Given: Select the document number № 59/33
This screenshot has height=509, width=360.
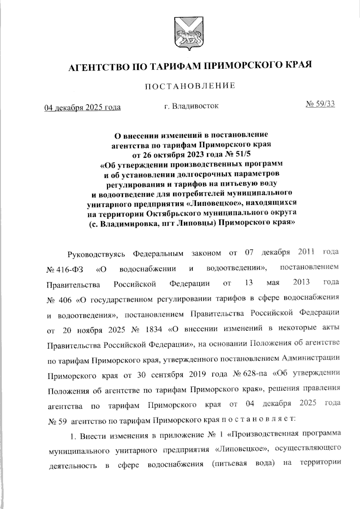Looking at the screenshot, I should pos(320,104).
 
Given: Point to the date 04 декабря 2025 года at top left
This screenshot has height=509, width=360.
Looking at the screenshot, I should pos(82,107).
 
